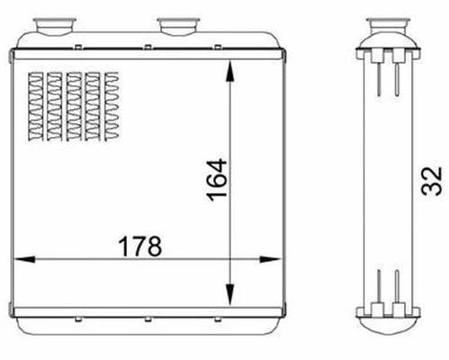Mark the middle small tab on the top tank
pyautogui.click(x=144, y=40)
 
